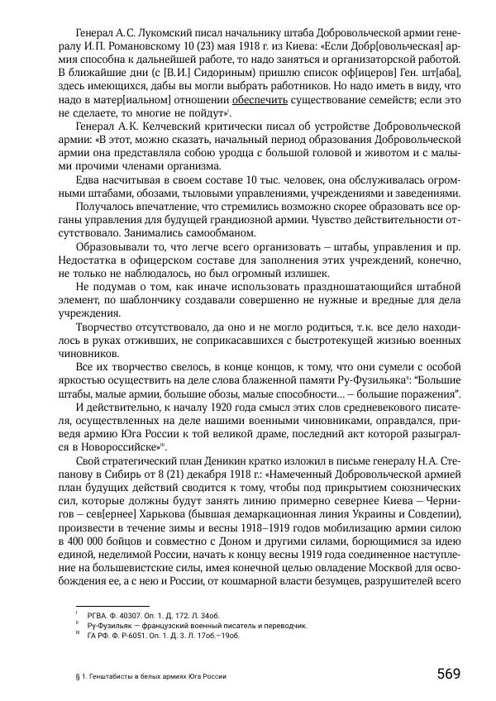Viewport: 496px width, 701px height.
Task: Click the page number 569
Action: (448, 674)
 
